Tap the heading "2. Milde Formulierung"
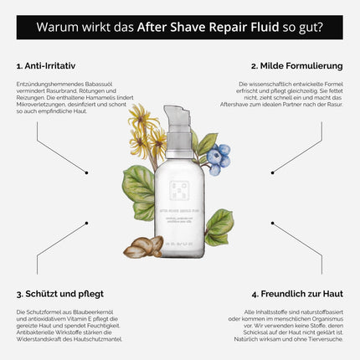pos(297,64)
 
